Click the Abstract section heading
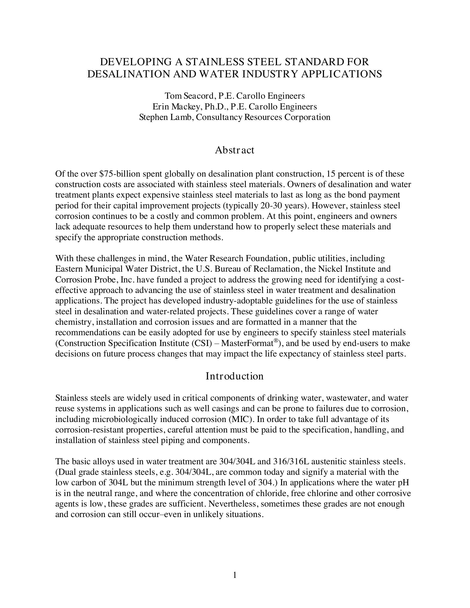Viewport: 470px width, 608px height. coord(234,150)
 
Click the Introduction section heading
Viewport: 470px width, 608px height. coord(234,376)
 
